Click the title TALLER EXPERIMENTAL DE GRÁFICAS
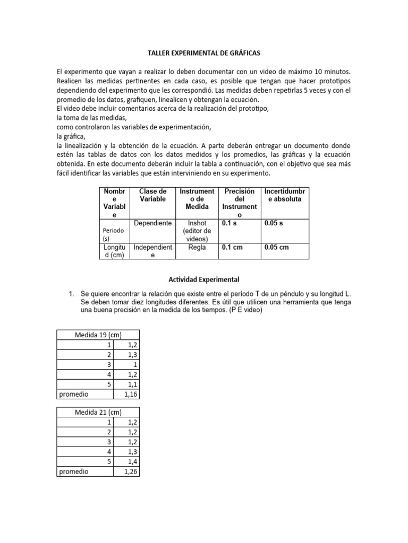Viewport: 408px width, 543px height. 203,54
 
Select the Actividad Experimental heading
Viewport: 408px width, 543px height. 203,279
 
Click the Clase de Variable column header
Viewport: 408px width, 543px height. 153,195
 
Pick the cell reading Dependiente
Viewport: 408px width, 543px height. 153,223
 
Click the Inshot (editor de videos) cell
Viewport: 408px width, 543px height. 197,231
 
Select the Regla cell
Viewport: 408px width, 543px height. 197,247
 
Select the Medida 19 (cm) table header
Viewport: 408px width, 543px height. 98,335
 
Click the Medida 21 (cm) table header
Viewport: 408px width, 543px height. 98,412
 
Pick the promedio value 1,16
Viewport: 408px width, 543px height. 130,394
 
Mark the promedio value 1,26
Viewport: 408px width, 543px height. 130,471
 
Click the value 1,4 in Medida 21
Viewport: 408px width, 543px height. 133,461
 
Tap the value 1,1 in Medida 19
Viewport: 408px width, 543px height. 133,384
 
